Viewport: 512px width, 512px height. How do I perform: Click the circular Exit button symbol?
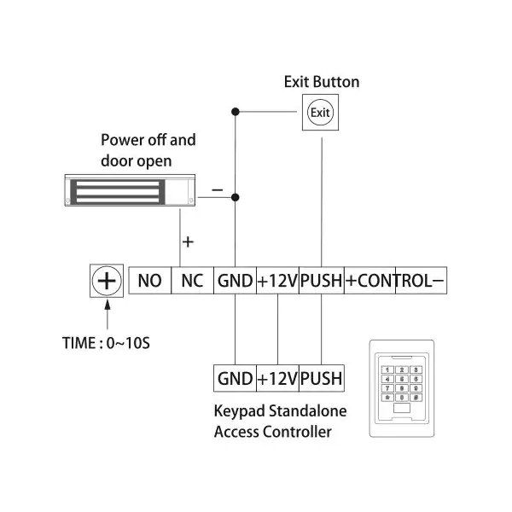point(320,113)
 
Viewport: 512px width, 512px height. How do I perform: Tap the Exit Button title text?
point(322,82)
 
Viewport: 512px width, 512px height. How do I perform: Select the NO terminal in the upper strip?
point(150,281)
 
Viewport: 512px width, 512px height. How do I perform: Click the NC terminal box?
point(192,281)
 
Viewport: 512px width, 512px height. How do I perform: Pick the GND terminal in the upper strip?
point(236,281)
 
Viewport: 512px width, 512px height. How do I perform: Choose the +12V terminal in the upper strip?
point(278,281)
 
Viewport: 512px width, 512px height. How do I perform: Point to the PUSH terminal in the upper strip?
point(322,281)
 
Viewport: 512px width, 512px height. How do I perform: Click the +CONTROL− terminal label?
point(395,281)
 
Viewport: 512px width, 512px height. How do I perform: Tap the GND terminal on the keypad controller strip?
point(236,378)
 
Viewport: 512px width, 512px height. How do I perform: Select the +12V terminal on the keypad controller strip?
point(278,378)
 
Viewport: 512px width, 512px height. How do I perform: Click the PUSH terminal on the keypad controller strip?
point(322,378)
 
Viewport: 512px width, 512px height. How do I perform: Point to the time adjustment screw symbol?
point(107,281)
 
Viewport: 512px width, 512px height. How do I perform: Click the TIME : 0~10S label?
point(106,343)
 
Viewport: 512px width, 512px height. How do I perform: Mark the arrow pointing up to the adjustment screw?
point(108,315)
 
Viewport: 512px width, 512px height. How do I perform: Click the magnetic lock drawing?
point(130,190)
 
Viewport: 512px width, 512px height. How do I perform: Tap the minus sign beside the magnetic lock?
point(217,189)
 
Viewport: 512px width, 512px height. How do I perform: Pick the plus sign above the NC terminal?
point(188,242)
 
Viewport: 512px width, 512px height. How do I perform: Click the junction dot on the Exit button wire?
point(236,112)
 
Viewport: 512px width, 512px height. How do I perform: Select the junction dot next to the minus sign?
point(236,197)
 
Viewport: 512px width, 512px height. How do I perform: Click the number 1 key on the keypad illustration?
point(387,369)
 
